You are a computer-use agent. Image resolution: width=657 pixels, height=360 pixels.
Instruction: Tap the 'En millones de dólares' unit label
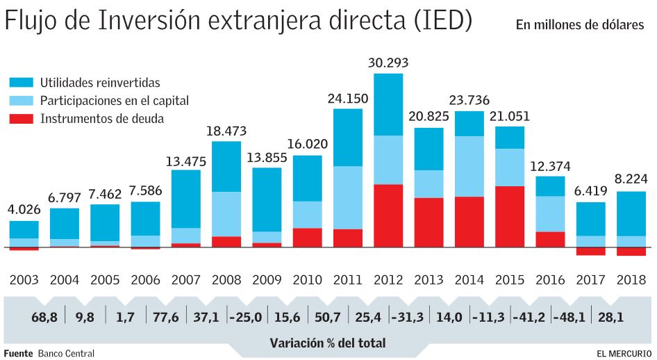[x=579, y=26]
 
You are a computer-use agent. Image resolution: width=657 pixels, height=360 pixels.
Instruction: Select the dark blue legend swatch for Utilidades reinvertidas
[x=22, y=83]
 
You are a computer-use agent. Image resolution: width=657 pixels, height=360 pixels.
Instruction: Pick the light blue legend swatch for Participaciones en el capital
[x=22, y=101]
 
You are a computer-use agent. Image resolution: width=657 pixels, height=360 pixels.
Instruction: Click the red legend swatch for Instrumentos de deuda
[x=22, y=119]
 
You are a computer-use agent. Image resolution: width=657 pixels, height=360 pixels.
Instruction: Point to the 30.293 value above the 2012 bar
[x=388, y=63]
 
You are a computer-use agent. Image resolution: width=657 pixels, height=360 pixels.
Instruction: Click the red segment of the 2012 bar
[x=388, y=215]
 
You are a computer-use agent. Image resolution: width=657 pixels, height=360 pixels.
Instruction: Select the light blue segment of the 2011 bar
[x=348, y=197]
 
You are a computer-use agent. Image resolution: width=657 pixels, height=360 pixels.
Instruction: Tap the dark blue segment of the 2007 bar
[x=186, y=199]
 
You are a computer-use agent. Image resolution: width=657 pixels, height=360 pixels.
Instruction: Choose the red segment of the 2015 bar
[x=510, y=216]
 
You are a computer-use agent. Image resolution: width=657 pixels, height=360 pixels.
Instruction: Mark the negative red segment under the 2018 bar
[x=631, y=252]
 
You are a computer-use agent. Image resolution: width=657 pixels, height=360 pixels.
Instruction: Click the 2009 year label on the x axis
[x=267, y=281]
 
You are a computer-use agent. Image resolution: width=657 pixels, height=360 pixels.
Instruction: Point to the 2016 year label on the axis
[x=550, y=281]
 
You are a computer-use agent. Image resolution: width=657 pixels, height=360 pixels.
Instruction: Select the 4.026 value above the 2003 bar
[x=24, y=208]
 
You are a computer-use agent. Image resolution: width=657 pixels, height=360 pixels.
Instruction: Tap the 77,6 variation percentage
[x=166, y=318]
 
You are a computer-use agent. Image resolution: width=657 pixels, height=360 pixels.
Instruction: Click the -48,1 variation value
[x=570, y=318]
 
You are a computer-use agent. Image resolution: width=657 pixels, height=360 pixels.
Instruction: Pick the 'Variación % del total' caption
[x=327, y=343]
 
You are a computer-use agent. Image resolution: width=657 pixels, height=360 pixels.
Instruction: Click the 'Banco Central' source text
[x=66, y=353]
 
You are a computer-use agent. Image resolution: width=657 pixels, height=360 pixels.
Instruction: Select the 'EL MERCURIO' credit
[x=624, y=353]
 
